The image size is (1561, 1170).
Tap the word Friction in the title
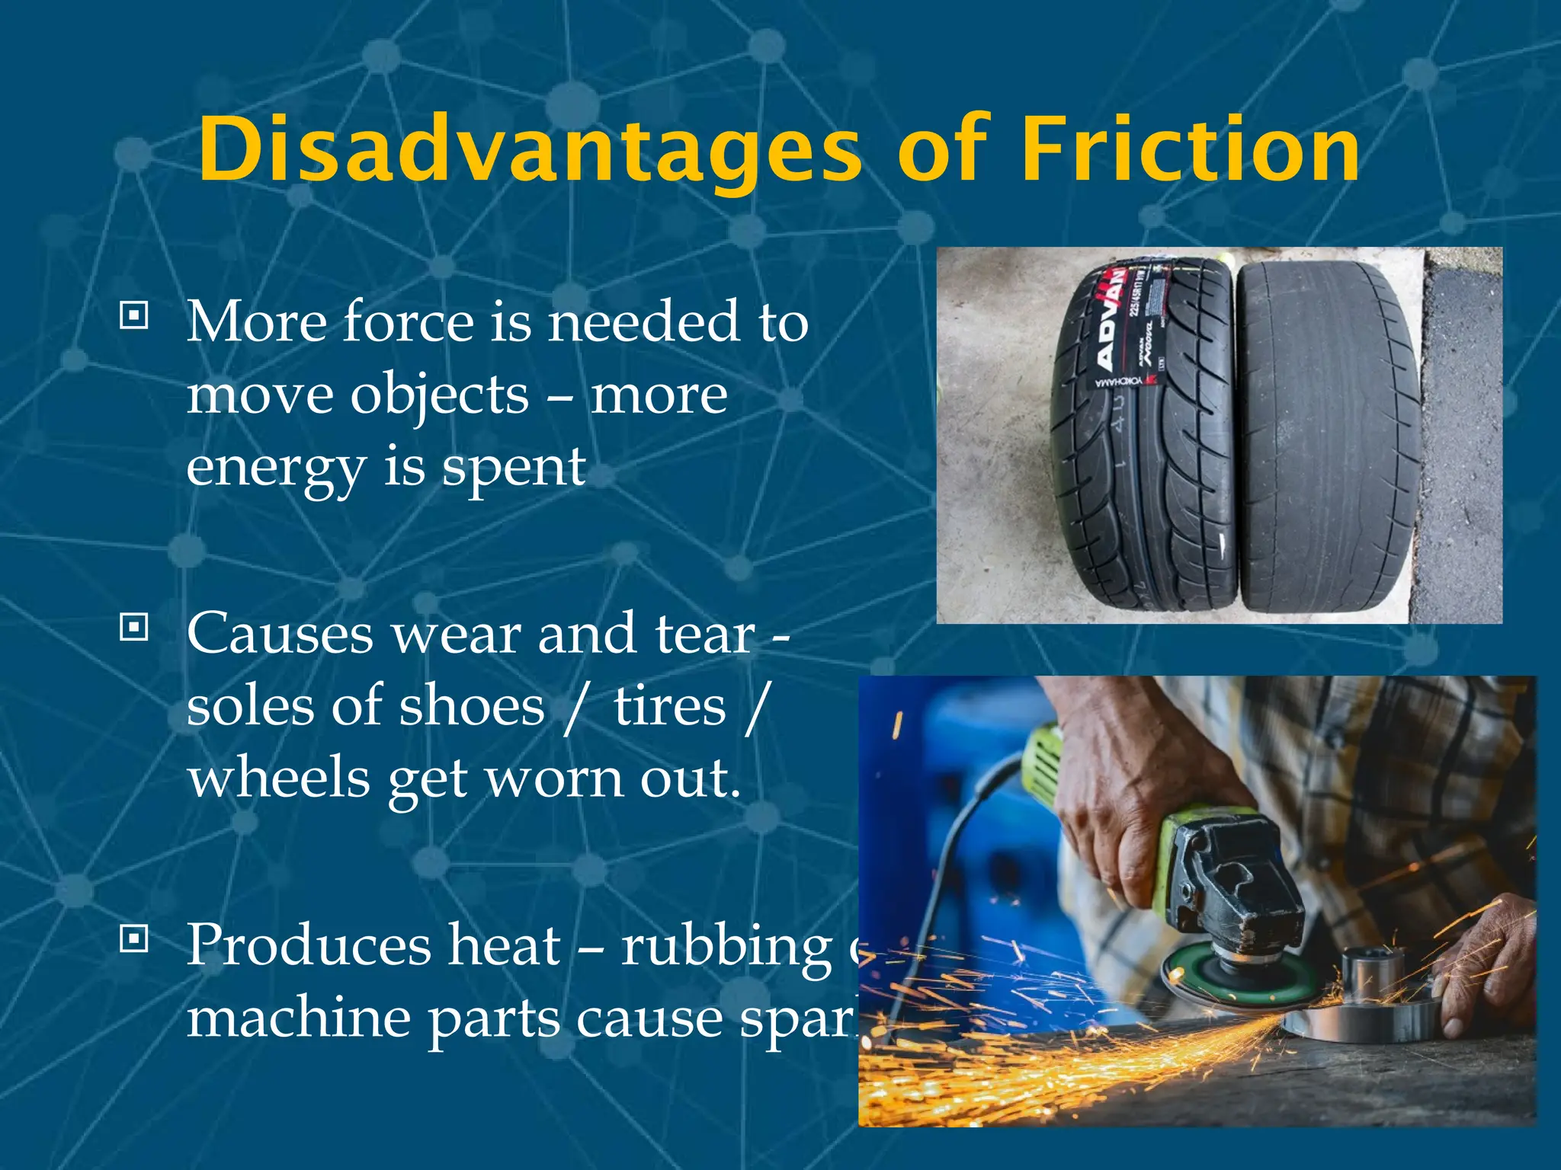pyautogui.click(x=1190, y=149)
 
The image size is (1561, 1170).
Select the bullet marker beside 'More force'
pyautogui.click(x=134, y=315)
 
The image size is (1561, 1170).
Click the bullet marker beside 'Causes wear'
pyautogui.click(x=134, y=627)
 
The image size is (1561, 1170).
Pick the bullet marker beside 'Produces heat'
pyautogui.click(x=134, y=939)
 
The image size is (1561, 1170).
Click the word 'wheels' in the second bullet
pyautogui.click(x=279, y=778)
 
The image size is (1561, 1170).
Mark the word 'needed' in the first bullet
pyautogui.click(x=644, y=322)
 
